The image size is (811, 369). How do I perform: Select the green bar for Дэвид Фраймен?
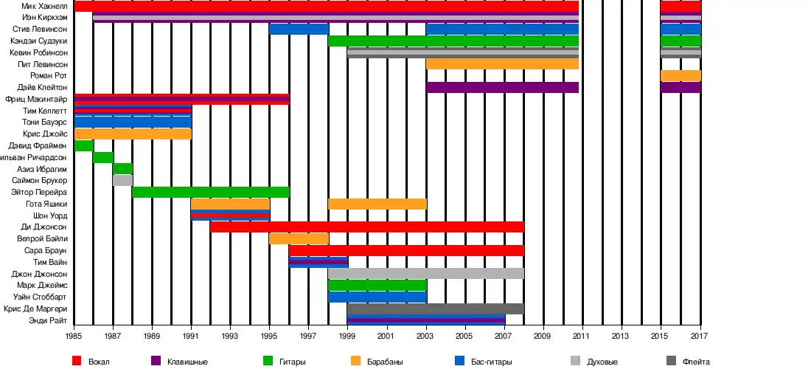pyautogui.click(x=83, y=145)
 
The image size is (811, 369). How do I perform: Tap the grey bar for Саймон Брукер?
pyautogui.click(x=122, y=180)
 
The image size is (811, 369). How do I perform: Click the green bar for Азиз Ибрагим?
pyautogui.click(x=122, y=168)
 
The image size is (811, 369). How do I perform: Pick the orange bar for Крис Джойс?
pyautogui.click(x=133, y=134)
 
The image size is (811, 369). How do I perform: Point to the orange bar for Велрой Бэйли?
pyautogui.click(x=299, y=238)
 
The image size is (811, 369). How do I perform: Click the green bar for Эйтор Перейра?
pyautogui.click(x=210, y=192)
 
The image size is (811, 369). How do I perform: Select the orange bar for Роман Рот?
pyautogui.click(x=681, y=75)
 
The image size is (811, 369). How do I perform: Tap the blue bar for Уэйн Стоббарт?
pyautogui.click(x=377, y=297)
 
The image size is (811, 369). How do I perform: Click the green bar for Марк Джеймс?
pyautogui.click(x=377, y=285)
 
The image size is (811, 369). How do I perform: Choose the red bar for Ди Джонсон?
pyautogui.click(x=366, y=227)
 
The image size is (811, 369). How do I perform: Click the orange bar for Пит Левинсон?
pyautogui.click(x=502, y=64)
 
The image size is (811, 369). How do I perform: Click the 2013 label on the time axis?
pyautogui.click(x=622, y=337)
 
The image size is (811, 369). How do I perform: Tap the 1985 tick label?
pyautogui.click(x=74, y=337)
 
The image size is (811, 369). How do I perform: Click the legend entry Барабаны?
pyautogui.click(x=381, y=362)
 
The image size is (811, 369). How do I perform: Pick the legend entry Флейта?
pyautogui.click(x=696, y=362)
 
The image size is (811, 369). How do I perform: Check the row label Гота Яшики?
pyautogui.click(x=46, y=204)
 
